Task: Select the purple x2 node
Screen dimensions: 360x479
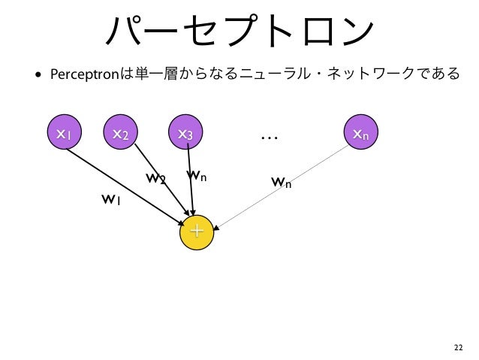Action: pyautogui.click(x=120, y=134)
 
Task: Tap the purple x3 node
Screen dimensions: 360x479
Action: pyautogui.click(x=185, y=134)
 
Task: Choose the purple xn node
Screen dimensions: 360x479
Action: pyautogui.click(x=360, y=134)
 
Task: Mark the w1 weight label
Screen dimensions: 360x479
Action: pyautogui.click(x=111, y=200)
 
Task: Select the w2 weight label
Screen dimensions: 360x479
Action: pyautogui.click(x=155, y=179)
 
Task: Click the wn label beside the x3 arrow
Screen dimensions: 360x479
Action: pyautogui.click(x=196, y=176)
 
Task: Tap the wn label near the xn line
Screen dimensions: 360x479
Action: pyautogui.click(x=281, y=182)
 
